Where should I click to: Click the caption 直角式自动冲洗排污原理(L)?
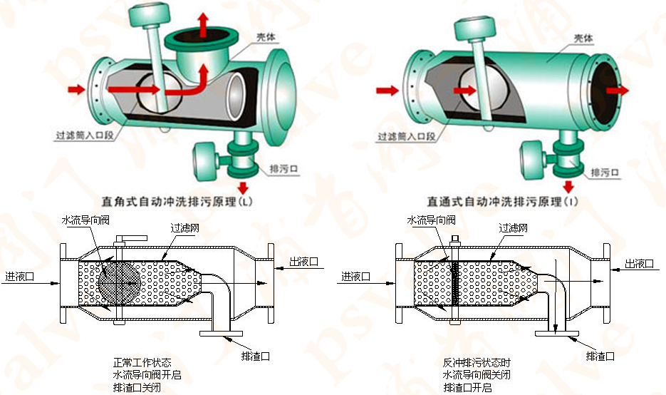[172, 201]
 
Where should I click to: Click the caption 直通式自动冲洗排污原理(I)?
[502, 202]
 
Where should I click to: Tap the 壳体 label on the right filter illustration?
[584, 38]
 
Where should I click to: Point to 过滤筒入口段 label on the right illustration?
[405, 136]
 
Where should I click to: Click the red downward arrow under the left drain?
[244, 188]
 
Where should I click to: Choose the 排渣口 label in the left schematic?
[255, 354]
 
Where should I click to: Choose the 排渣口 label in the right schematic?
[599, 355]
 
